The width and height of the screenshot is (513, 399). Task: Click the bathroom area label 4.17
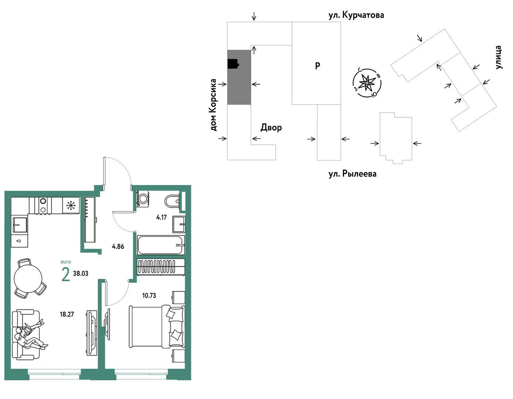click(162, 217)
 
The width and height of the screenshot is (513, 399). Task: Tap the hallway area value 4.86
click(118, 246)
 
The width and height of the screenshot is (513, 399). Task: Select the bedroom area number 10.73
click(149, 296)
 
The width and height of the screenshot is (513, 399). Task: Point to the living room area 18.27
click(67, 314)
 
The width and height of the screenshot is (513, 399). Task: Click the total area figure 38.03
click(81, 273)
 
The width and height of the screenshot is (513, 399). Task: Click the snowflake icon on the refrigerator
click(71, 205)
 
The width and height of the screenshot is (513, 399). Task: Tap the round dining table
click(28, 279)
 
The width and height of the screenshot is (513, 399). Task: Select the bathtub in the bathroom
click(161, 245)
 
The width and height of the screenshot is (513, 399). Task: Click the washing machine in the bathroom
click(143, 199)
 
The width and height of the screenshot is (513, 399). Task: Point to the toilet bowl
click(172, 201)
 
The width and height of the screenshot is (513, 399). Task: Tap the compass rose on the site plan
click(367, 83)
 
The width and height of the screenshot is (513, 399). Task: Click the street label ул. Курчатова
click(356, 15)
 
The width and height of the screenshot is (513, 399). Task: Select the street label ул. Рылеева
click(352, 174)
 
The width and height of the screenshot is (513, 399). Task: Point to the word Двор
click(271, 127)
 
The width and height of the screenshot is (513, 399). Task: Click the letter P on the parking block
click(317, 66)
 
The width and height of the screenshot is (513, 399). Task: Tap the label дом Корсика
click(213, 105)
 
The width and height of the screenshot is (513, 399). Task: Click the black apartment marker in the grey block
click(233, 64)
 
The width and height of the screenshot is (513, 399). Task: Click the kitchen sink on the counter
click(20, 225)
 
